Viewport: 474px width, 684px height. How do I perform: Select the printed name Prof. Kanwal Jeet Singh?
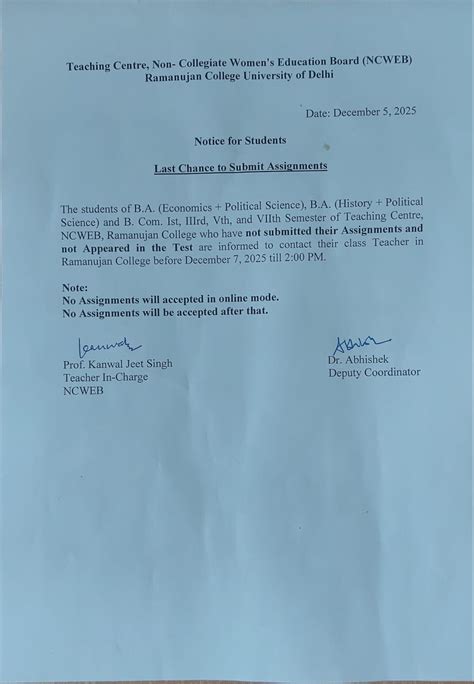click(117, 364)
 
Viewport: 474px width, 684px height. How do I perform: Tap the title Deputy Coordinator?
click(374, 373)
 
